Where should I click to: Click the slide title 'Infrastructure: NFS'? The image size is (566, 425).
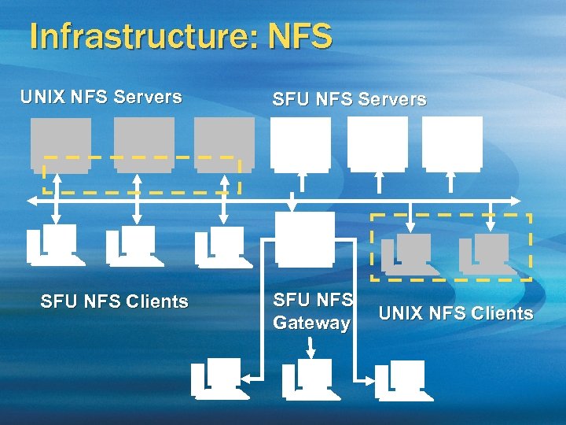[x=180, y=36]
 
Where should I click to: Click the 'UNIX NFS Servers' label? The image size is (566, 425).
[x=101, y=98]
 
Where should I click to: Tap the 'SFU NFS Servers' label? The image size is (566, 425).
[x=349, y=100]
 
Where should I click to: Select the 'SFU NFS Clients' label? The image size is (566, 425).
[x=114, y=301]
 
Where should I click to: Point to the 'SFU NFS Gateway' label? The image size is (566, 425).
[x=312, y=311]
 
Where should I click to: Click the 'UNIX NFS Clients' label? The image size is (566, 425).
[x=456, y=314]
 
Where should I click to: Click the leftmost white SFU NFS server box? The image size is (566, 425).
[x=301, y=144]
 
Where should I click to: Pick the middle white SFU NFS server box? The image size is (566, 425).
[x=377, y=144]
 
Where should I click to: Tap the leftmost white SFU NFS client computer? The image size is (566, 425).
[x=54, y=244]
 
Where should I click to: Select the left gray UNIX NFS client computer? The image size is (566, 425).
[x=409, y=253]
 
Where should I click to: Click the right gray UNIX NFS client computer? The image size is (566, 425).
[x=487, y=253]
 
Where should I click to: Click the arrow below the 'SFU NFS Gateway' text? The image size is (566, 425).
[x=313, y=347]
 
